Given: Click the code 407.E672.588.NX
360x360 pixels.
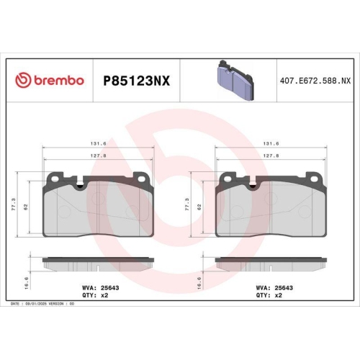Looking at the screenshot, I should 315,81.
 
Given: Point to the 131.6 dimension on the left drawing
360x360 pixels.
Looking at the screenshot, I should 99,143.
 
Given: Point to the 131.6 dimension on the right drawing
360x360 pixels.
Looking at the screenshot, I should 271,143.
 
